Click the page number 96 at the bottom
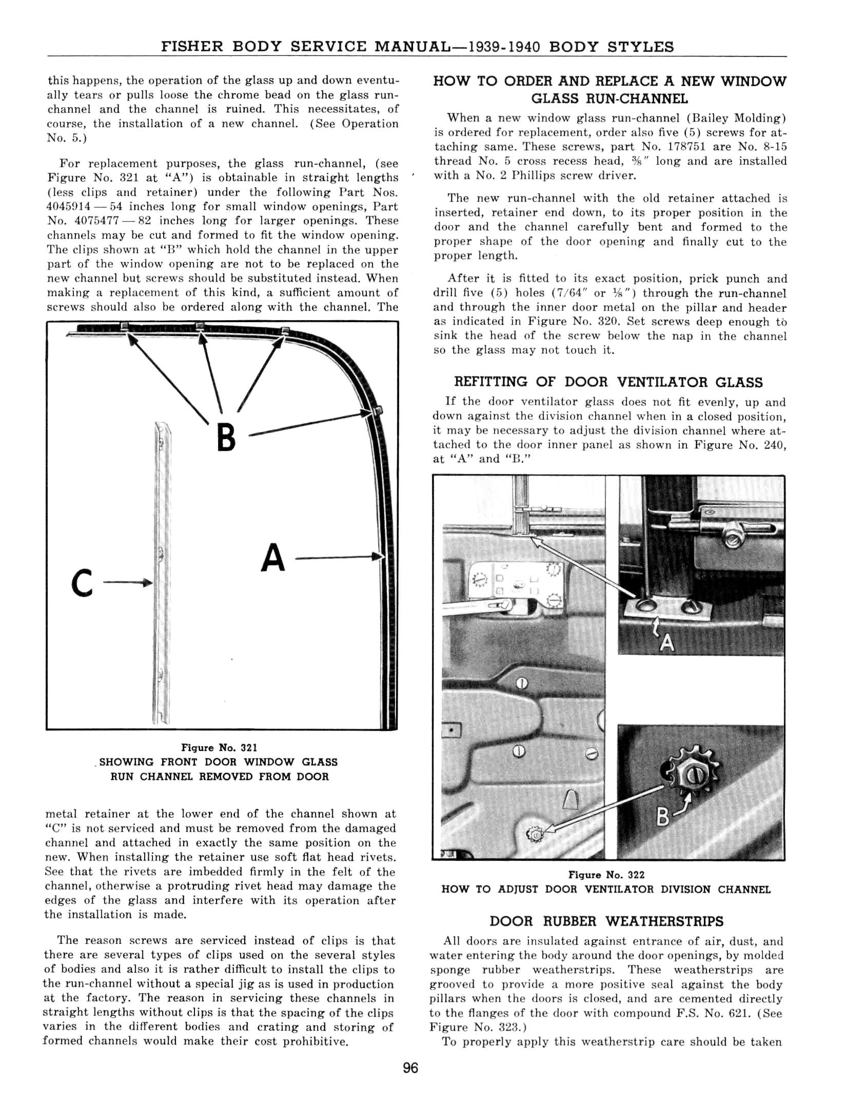410,1068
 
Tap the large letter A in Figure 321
272,558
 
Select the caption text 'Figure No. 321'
219,747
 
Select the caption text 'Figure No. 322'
606,875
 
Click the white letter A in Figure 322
666,642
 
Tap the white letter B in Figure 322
663,816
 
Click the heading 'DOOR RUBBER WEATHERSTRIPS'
606,921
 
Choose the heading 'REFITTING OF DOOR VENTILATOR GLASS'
608,382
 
